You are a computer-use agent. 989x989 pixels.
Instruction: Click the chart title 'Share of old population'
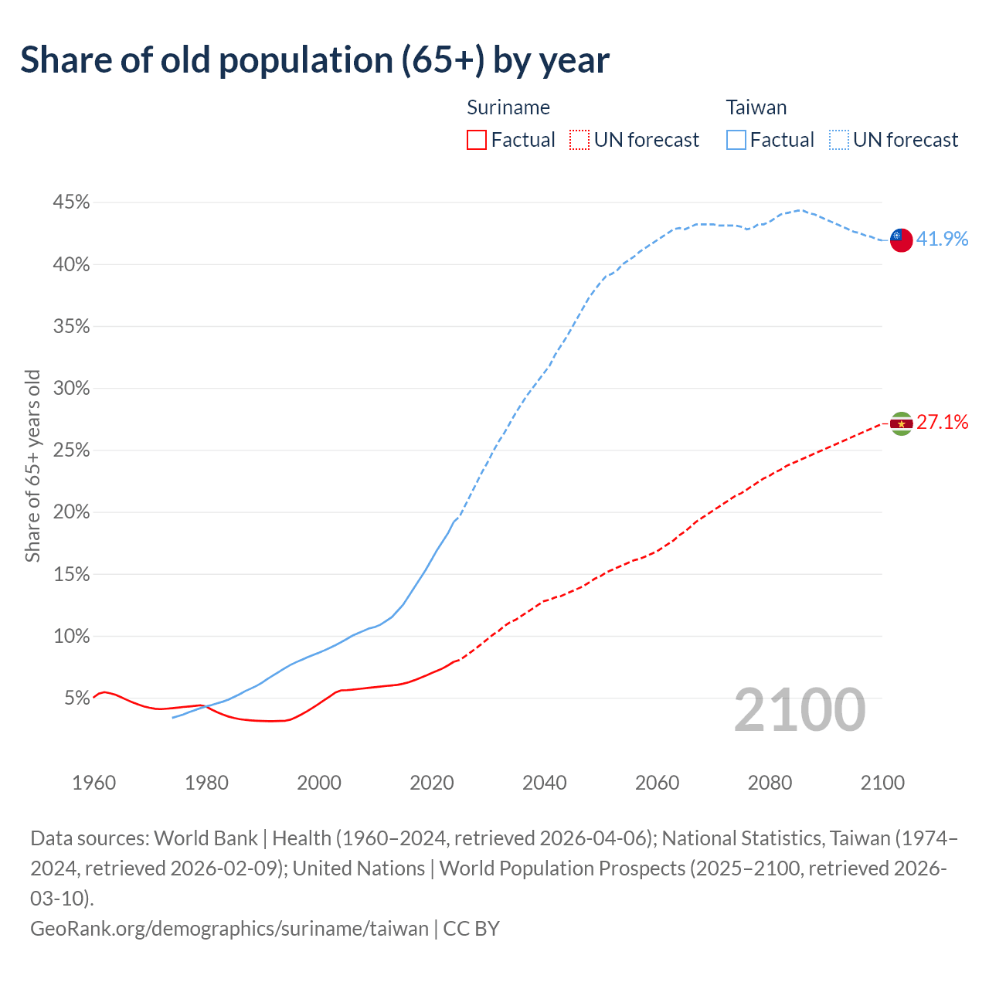point(314,60)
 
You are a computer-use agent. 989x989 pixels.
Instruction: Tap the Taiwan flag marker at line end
point(901,240)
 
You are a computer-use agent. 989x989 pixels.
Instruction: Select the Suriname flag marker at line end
point(901,423)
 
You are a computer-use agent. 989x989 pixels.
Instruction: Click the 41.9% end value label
point(942,239)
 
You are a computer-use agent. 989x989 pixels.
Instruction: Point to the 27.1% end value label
point(942,422)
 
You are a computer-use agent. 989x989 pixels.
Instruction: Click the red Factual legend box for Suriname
point(477,140)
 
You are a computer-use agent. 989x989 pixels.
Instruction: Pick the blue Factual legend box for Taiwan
point(736,140)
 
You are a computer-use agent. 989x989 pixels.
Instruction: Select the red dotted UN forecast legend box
point(579,140)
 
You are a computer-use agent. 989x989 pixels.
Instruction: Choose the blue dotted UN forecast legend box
point(838,140)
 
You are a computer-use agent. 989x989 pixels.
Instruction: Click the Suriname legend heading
point(508,107)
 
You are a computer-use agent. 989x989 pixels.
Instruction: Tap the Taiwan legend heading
point(756,107)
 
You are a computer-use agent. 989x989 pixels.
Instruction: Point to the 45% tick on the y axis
point(71,202)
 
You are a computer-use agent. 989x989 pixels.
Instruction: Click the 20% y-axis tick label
point(71,512)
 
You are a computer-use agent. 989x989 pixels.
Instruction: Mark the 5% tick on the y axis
point(76,698)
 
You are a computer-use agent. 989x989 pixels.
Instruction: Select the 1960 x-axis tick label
point(93,783)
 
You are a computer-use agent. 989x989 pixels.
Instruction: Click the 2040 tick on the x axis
point(545,783)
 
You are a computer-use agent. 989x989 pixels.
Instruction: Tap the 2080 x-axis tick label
point(770,783)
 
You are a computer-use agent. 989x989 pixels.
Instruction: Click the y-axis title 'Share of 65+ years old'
point(32,466)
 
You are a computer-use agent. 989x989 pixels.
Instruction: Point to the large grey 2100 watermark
point(799,710)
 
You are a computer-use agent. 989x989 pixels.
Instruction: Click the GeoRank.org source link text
point(229,928)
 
